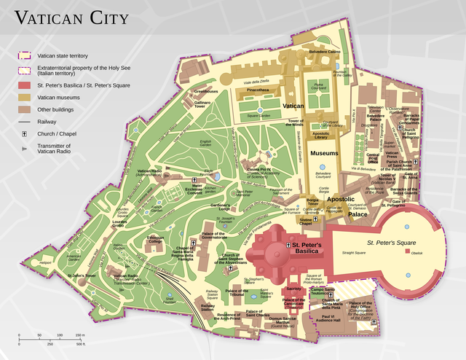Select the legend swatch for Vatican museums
pos(24,96)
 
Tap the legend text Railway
pos(48,121)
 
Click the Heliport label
pos(45,262)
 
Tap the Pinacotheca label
pos(256,90)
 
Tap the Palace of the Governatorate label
pos(223,236)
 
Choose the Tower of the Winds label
pos(295,122)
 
